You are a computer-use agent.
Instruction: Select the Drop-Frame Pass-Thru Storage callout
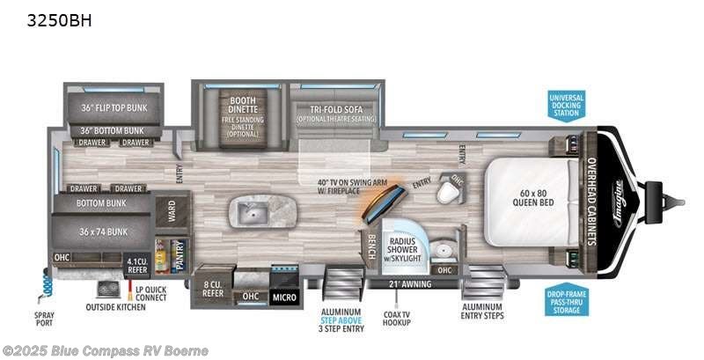(566, 300)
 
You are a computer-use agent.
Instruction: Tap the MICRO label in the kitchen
(285, 298)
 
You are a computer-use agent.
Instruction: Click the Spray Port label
(43, 316)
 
